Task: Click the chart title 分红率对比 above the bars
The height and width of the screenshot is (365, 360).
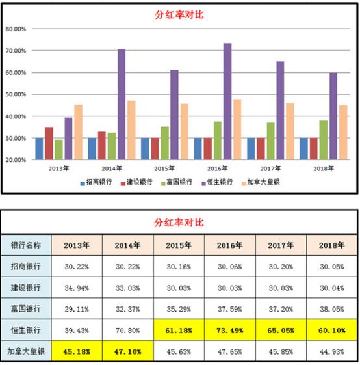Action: (x=179, y=13)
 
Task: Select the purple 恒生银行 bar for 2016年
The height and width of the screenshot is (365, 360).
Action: (x=227, y=101)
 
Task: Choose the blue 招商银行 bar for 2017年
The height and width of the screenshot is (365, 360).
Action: (x=251, y=148)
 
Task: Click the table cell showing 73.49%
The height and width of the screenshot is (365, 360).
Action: (x=229, y=331)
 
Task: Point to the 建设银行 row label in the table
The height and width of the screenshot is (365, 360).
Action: (x=27, y=288)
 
